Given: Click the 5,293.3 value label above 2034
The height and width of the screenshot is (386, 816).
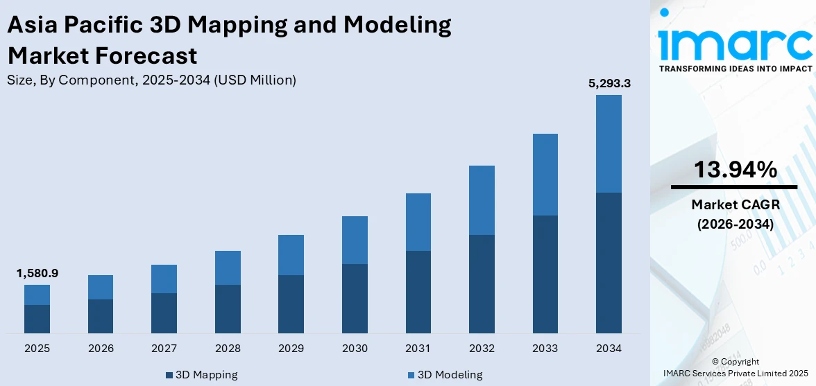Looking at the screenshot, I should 609,84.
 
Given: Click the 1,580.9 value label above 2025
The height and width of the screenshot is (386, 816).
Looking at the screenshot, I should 37,274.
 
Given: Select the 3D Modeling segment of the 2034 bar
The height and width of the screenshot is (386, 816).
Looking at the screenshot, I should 609,143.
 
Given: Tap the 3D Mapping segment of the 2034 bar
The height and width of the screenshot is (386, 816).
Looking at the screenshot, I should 609,263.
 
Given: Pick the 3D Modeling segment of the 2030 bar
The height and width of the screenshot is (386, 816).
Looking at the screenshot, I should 355,240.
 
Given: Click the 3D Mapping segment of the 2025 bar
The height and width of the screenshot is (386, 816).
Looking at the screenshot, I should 37,319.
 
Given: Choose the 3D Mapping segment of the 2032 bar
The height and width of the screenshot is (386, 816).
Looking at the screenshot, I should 482,284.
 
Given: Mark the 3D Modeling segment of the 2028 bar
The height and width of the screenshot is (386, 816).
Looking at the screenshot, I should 228,267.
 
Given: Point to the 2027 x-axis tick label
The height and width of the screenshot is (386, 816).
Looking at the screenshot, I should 164,348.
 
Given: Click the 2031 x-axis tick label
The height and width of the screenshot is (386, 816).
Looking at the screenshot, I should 418,348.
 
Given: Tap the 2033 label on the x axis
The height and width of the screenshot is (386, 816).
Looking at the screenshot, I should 545,348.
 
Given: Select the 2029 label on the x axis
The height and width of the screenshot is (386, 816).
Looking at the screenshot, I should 291,348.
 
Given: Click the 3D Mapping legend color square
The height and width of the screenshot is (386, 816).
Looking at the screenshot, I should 169,375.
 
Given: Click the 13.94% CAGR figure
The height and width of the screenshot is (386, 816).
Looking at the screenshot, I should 734,170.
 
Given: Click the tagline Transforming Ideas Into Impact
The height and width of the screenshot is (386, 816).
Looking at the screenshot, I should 734,69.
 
